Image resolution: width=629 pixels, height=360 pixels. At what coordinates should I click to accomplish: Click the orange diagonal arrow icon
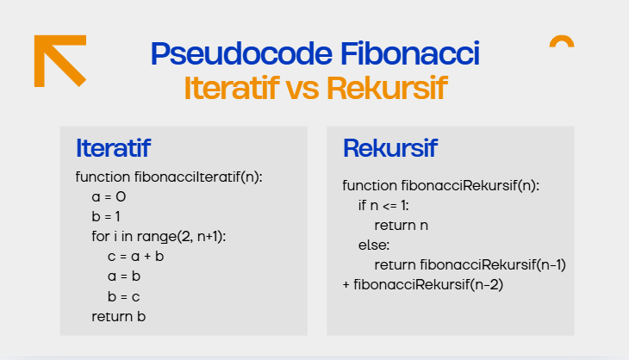[x=59, y=59]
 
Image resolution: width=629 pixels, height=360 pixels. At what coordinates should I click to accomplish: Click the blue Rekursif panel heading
[x=389, y=148]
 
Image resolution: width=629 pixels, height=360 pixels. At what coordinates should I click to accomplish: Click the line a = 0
[x=109, y=196]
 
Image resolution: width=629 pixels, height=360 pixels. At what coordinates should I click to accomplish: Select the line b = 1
[x=106, y=216]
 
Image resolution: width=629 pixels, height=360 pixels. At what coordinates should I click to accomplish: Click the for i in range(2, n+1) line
[x=164, y=236]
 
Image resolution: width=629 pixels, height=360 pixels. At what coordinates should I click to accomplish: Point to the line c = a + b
[x=136, y=257]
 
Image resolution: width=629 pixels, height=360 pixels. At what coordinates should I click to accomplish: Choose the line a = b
[x=124, y=276]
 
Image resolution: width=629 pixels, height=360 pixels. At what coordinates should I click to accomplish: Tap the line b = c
[x=124, y=296]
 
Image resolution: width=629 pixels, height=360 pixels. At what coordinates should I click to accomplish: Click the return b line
[x=119, y=317]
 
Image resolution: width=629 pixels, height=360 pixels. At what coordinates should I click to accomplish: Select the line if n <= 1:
[x=383, y=205]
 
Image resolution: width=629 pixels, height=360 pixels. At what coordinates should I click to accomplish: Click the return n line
[x=402, y=225]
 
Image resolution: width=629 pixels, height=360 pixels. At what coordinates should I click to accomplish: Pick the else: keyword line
[x=375, y=245]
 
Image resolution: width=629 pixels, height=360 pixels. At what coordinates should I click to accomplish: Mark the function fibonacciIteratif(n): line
[x=169, y=177]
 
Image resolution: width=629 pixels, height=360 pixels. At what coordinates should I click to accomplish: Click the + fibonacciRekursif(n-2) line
[x=422, y=284]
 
